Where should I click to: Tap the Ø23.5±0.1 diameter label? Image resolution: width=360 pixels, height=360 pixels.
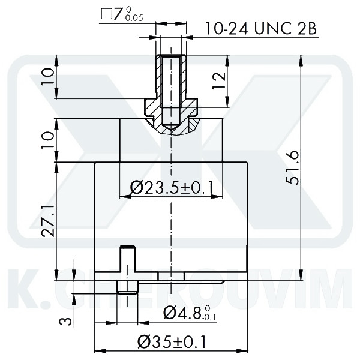pyautogui.click(x=172, y=188)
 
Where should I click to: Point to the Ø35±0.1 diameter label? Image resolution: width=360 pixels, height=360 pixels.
pyautogui.click(x=172, y=342)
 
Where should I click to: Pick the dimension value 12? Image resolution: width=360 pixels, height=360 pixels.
pyautogui.click(x=220, y=81)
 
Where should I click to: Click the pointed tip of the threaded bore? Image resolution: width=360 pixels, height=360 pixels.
pyautogui.click(x=172, y=128)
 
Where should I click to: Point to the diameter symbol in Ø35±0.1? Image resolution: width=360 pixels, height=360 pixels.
pyautogui.click(x=144, y=342)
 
